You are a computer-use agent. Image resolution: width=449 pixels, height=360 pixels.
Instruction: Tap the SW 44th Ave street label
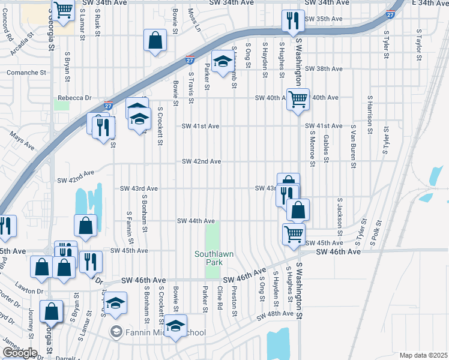coord(196,221)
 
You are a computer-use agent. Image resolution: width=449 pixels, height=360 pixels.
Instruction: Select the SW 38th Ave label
coord(323,69)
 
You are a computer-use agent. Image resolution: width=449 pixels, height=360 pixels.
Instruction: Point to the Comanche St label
coord(26,73)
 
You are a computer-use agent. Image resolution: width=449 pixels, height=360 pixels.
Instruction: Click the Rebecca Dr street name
coord(74,98)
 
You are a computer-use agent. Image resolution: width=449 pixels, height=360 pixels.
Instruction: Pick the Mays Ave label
coord(23,142)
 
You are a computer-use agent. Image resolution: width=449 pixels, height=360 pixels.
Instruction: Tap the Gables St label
coord(326,148)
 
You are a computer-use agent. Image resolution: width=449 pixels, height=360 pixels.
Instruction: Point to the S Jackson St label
coord(339,216)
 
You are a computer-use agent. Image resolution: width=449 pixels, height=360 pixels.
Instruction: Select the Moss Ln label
coord(193,20)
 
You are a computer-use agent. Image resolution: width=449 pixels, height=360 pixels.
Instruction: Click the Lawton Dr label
coord(31,292)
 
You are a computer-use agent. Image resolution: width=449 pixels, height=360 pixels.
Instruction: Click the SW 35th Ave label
coord(323,19)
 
